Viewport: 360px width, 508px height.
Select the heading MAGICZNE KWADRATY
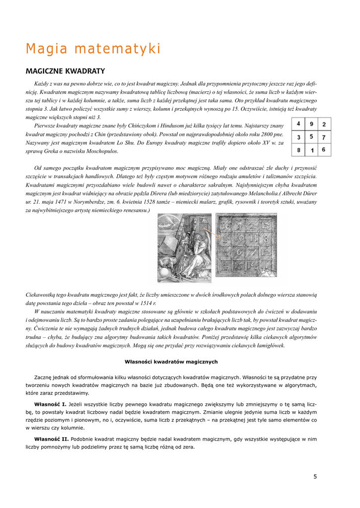click(65, 71)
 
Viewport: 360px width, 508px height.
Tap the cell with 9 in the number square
click(311, 125)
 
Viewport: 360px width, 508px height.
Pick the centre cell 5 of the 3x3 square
click(311, 137)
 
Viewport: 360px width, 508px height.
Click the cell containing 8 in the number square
click(298, 150)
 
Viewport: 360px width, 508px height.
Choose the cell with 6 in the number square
click(324, 149)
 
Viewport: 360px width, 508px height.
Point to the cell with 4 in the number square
click(298, 125)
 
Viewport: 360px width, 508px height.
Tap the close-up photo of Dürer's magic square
click(246, 245)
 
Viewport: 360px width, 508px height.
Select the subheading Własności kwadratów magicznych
click(171, 362)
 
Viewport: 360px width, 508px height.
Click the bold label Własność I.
click(50, 404)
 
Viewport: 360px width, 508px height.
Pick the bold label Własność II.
click(52, 439)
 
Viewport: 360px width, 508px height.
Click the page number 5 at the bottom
click(315, 477)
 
